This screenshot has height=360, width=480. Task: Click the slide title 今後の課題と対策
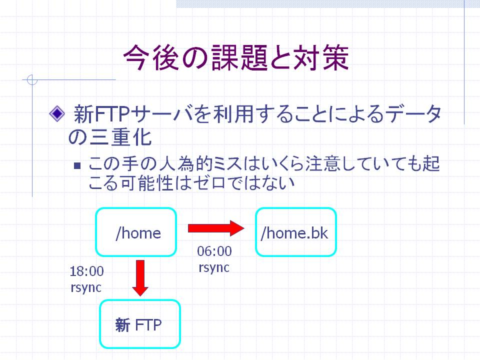pos(236,57)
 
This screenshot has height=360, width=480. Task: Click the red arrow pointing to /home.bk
pos(216,228)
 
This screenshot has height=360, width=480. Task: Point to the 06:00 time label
pos(214,251)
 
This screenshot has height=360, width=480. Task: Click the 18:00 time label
pos(86,271)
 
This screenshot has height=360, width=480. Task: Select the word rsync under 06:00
pos(214,267)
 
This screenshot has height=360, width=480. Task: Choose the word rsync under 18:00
pos(86,287)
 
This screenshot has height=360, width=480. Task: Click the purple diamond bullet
pos(57,114)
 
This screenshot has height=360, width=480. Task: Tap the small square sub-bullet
pos(77,165)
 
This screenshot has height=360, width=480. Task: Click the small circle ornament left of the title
pos(32,80)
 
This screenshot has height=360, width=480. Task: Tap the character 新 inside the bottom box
pos(122,325)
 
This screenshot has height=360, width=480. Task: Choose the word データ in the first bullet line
pos(413,114)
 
